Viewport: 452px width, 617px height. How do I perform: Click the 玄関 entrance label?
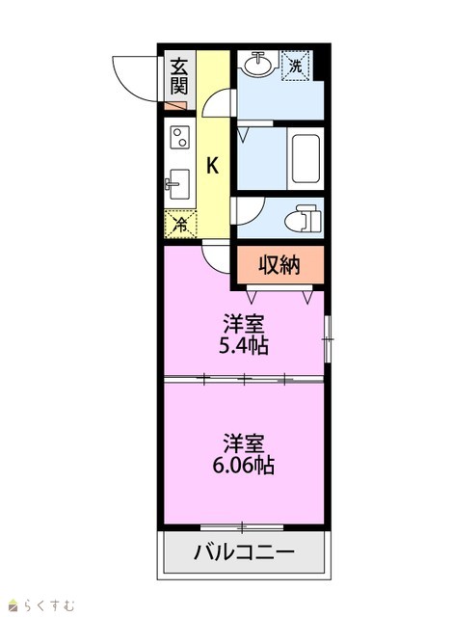[x=179, y=76]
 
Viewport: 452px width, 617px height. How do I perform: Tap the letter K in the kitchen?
[x=212, y=165]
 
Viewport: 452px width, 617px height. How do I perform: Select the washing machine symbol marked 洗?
[x=296, y=66]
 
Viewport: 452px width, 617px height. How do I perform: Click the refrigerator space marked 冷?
[x=180, y=224]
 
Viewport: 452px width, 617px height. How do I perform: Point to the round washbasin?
[x=257, y=64]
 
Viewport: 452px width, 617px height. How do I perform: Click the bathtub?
[x=306, y=158]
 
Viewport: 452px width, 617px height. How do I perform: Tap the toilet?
[x=303, y=218]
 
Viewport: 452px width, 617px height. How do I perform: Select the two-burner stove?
[x=180, y=137]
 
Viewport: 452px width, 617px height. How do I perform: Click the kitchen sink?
[x=178, y=184]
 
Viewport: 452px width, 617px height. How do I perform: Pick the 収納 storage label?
[x=279, y=265]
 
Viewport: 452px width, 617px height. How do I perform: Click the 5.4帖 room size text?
[x=244, y=346]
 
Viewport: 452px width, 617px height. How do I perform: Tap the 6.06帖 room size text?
[x=244, y=465]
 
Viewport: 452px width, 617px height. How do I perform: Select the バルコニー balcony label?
[x=244, y=552]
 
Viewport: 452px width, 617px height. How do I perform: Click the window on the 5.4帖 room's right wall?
[x=328, y=338]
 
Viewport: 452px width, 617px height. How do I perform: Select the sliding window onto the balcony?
[x=242, y=526]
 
